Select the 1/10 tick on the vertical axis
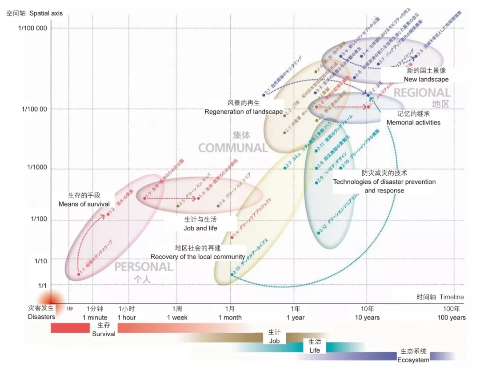click(x=41, y=260)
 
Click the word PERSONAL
click(x=144, y=267)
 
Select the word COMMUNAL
click(x=232, y=148)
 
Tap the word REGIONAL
click(x=422, y=93)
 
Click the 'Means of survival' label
click(x=84, y=204)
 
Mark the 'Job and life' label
click(x=200, y=228)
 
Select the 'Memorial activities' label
click(x=413, y=122)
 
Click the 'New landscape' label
click(x=426, y=80)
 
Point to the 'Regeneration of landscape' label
click(x=244, y=112)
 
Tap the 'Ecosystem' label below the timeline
click(x=413, y=360)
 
